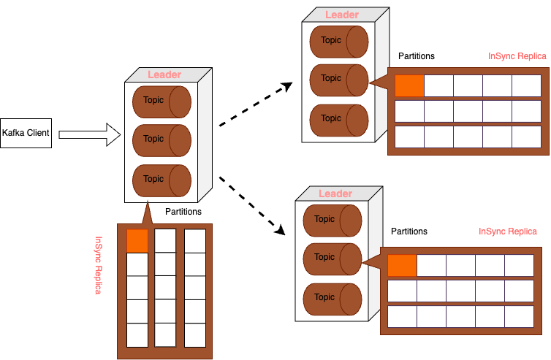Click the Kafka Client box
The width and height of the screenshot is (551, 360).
point(26,134)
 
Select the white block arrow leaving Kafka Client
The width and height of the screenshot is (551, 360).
point(88,134)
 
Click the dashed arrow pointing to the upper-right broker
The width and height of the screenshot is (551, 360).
point(255,102)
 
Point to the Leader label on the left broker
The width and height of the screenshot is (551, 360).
point(164,74)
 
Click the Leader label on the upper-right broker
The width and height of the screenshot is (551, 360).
point(342,15)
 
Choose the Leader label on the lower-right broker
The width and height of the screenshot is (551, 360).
point(335,194)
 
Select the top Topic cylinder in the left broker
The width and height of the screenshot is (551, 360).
point(161,101)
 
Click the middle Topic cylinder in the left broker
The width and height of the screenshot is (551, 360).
point(161,139)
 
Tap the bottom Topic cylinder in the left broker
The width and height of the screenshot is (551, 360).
point(161,179)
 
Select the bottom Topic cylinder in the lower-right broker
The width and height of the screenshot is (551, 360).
point(332,298)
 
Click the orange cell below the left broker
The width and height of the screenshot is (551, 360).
point(137,240)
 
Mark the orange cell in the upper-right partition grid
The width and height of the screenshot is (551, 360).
point(409,85)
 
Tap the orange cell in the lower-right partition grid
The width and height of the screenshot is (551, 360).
point(402,265)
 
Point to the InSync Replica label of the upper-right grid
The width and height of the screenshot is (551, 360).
point(517,56)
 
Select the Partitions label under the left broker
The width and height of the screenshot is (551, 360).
point(183,212)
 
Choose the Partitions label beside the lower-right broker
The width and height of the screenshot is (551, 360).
point(409,231)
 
